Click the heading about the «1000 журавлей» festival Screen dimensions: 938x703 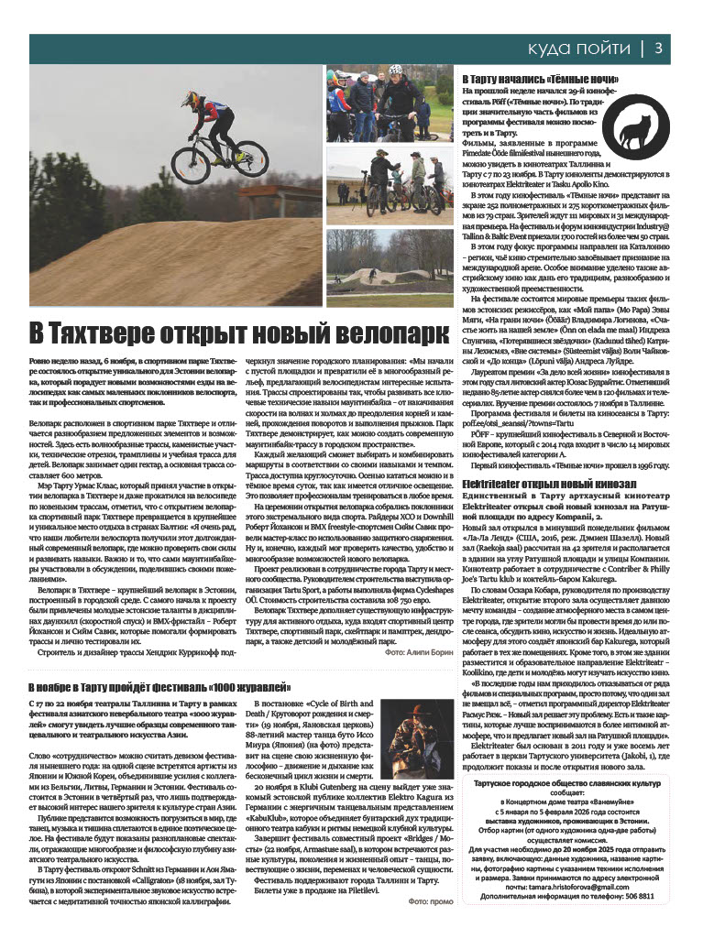point(159,660)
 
